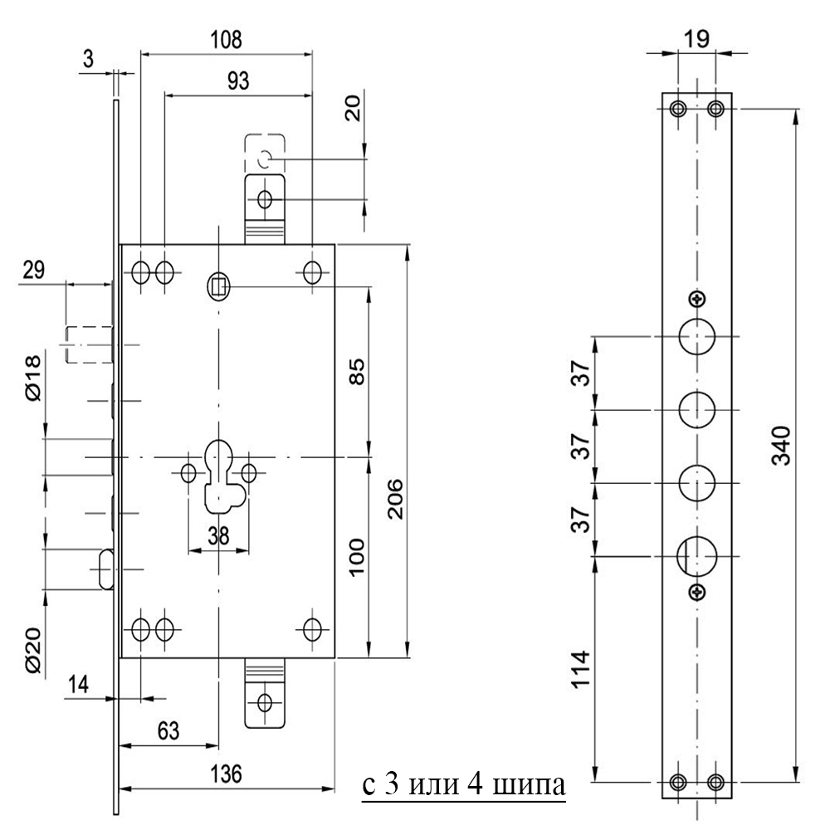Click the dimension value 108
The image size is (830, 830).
coord(226,40)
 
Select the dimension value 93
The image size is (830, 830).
coord(237,81)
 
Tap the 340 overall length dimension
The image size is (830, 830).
coord(781,445)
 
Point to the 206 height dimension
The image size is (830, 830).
coord(395,499)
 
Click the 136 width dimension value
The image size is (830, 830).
coord(226,774)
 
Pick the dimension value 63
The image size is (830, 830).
coord(168,731)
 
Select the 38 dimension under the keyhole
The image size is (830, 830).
coord(218,536)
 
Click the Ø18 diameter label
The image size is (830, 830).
coord(33,378)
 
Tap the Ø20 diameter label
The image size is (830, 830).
coord(33,650)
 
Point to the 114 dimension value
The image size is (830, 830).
coord(581,669)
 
